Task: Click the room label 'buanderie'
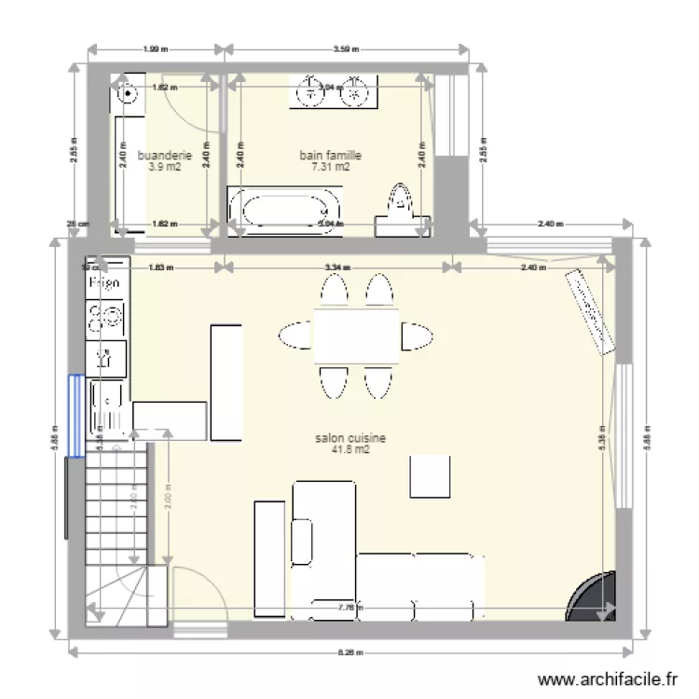coord(164,156)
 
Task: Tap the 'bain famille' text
coord(330,155)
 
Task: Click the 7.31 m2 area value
coord(330,168)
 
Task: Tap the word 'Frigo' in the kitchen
coord(105,281)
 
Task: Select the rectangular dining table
coord(356,336)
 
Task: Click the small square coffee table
coord(432,476)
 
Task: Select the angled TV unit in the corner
coord(589,310)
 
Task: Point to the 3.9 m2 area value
coord(164,168)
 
